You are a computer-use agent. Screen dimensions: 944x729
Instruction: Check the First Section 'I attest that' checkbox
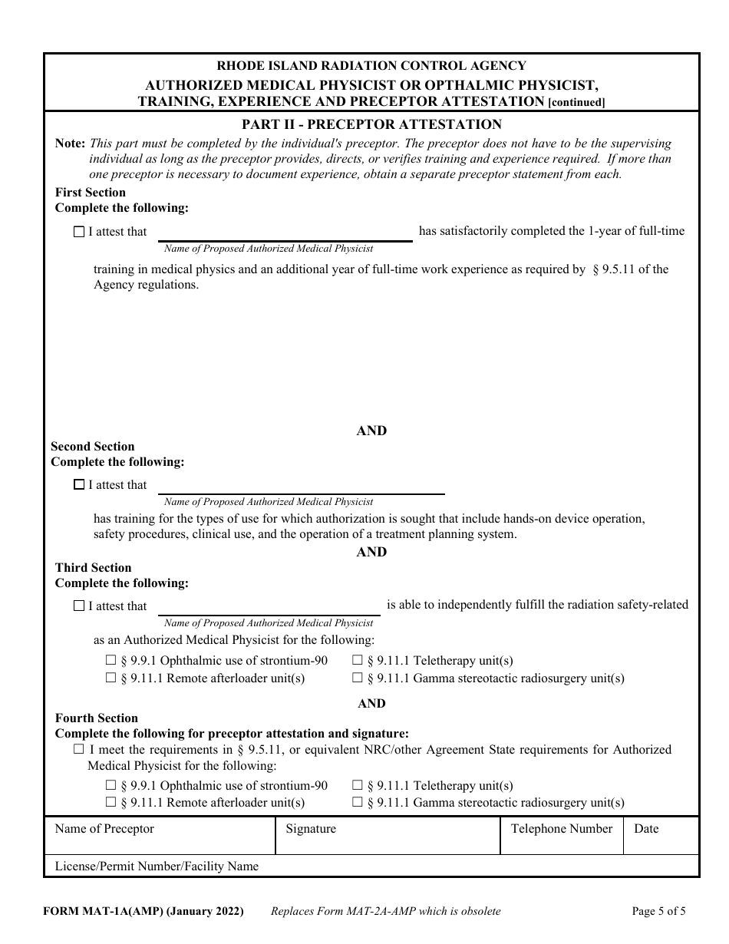[x=78, y=232]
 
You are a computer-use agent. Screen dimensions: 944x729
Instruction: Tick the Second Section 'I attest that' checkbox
[x=78, y=485]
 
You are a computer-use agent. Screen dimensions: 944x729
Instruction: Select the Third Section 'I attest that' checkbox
[x=78, y=606]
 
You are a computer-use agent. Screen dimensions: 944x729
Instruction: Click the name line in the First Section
[x=285, y=233]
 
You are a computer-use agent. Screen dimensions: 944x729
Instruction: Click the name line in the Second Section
[x=301, y=487]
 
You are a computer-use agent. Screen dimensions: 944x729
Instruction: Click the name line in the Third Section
[x=269, y=607]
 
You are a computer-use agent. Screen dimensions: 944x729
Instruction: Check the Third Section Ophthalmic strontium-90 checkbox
[x=111, y=661]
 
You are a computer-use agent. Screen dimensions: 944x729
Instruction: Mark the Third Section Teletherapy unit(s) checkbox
[x=358, y=661]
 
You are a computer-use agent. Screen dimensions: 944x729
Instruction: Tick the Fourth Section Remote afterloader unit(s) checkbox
[x=111, y=803]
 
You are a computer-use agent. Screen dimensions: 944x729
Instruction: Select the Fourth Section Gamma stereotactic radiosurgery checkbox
[x=358, y=803]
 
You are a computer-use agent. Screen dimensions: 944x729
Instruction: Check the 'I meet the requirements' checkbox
[x=78, y=750]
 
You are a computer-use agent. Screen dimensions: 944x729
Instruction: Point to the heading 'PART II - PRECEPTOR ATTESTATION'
[x=371, y=124]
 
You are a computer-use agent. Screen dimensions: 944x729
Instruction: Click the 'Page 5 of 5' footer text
[x=658, y=912]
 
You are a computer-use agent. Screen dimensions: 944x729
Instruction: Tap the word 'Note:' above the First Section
[x=71, y=144]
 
